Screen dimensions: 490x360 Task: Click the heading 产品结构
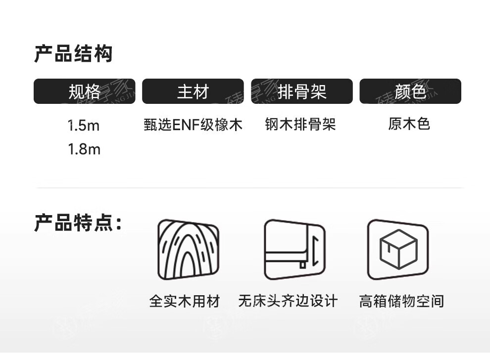[x=73, y=53]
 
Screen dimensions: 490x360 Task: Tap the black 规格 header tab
[x=84, y=91]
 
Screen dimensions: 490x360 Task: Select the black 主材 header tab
[x=193, y=91]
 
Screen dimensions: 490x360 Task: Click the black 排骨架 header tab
[x=301, y=91]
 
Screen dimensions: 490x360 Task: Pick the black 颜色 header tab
[x=410, y=91]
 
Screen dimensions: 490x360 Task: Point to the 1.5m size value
[x=84, y=126]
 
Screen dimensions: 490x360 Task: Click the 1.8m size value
[x=84, y=149]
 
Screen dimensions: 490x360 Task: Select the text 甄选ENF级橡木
[x=193, y=125]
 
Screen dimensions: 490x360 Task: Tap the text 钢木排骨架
[x=300, y=125]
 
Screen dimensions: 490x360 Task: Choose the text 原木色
[x=409, y=124]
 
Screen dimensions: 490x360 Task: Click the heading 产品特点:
[x=77, y=223]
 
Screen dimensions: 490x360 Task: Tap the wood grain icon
[x=188, y=249]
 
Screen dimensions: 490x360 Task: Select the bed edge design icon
[x=294, y=249]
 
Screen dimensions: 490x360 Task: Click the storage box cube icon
[x=398, y=249]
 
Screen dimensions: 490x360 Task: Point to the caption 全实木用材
[x=184, y=301]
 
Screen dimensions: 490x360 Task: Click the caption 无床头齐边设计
[x=288, y=301]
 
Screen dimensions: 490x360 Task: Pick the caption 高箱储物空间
[x=401, y=301]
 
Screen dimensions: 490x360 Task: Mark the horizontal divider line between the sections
[x=250, y=188]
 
